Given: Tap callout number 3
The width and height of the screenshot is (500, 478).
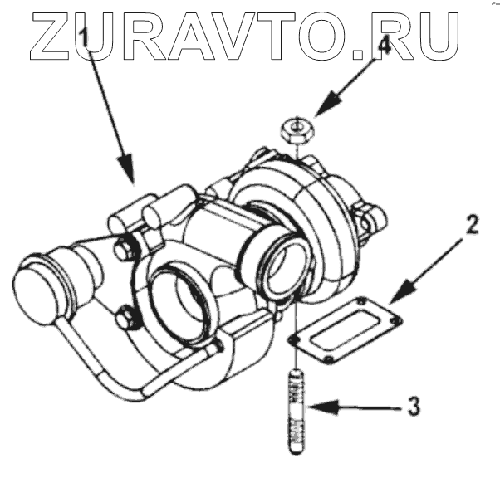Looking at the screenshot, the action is coord(413,407).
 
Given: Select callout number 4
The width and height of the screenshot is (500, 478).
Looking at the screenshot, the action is coord(383,47).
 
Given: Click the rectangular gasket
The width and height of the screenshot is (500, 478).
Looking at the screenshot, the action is coord(344,324).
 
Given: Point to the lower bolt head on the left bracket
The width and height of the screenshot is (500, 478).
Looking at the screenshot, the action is coord(126,316).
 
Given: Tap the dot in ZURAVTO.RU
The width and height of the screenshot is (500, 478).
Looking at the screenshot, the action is coord(363,56).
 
